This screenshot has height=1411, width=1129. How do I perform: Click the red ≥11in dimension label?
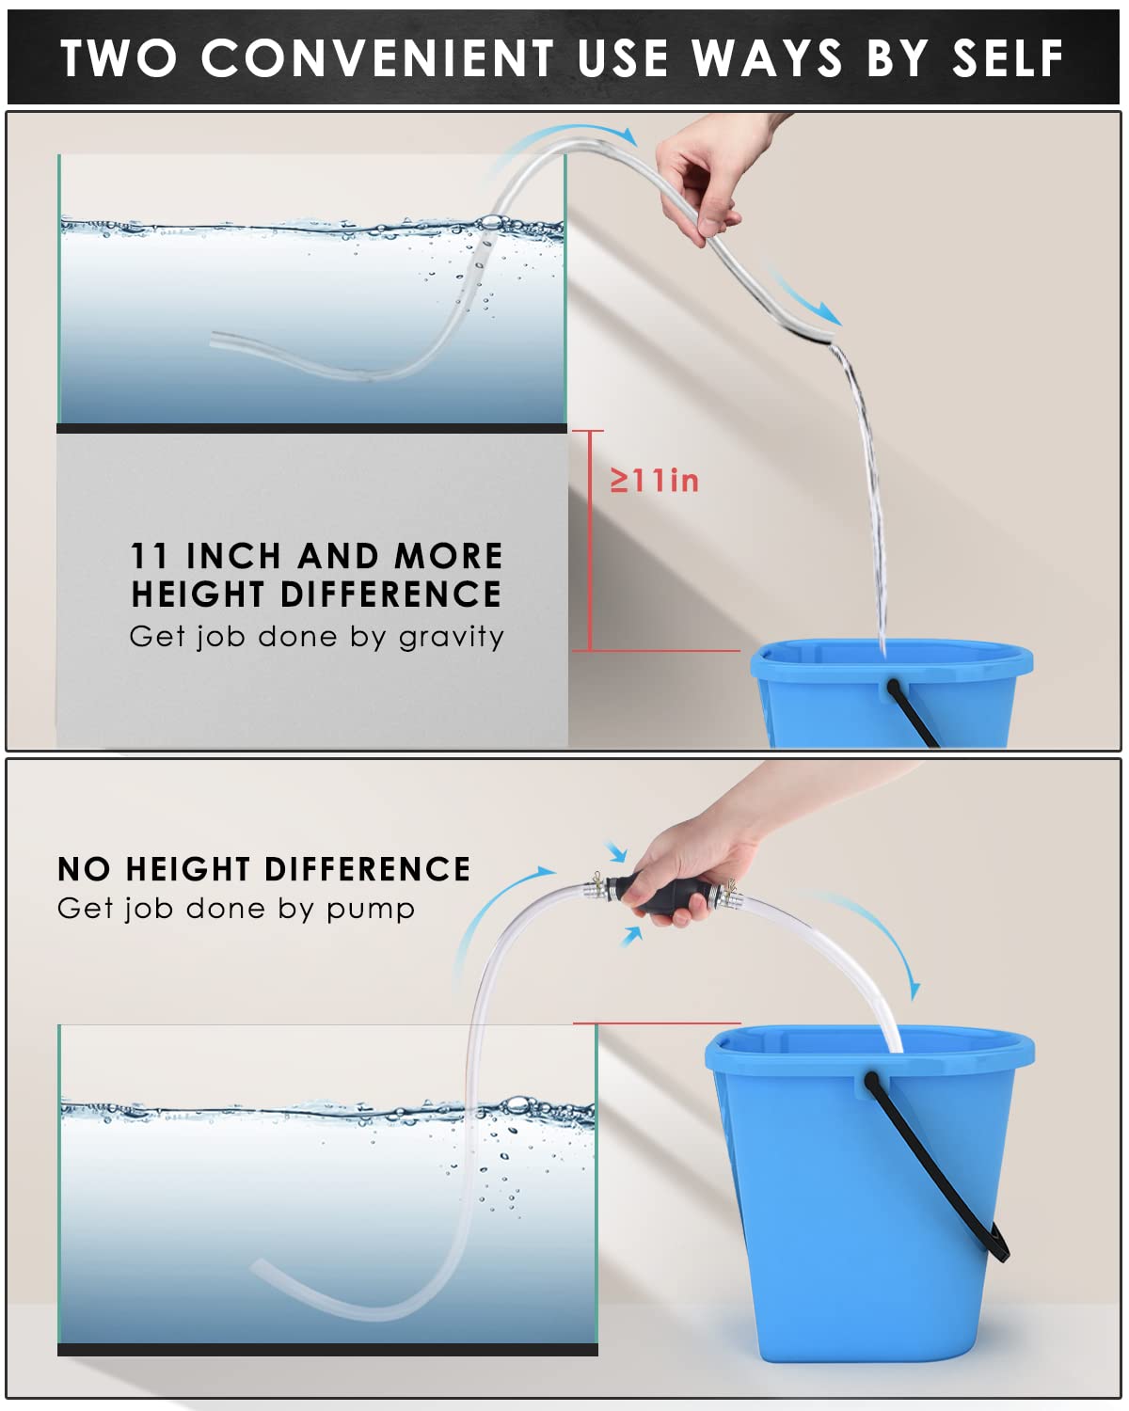click(x=654, y=481)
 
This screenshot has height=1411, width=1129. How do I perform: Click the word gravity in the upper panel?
click(x=452, y=638)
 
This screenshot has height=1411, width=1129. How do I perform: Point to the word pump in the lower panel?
click(x=371, y=910)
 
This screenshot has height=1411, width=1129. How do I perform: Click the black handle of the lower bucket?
click(x=945, y=1167)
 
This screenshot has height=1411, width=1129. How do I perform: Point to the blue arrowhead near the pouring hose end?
click(x=832, y=315)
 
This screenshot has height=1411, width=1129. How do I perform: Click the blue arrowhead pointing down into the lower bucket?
click(x=914, y=991)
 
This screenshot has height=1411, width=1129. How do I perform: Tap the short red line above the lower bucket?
click(x=657, y=1023)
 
